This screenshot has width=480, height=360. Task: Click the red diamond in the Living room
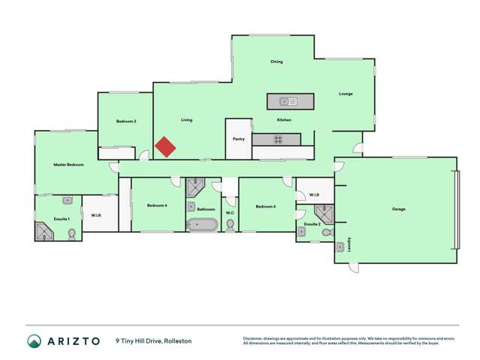click(x=165, y=147)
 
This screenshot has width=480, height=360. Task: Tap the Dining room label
click(x=276, y=62)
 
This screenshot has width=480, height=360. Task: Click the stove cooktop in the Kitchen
click(x=276, y=139)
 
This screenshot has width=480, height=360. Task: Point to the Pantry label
click(x=239, y=139)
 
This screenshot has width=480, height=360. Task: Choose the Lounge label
click(x=346, y=94)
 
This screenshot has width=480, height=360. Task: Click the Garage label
click(x=398, y=209)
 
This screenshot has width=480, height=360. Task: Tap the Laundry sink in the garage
click(x=340, y=246)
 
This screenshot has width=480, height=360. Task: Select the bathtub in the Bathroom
click(x=202, y=224)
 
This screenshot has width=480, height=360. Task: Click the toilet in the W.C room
click(x=230, y=225)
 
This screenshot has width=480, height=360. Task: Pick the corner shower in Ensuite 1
click(x=44, y=231)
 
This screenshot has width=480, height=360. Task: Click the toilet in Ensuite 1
click(x=71, y=234)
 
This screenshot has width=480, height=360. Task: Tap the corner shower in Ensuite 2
click(x=323, y=215)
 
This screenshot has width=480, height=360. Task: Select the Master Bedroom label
click(x=68, y=165)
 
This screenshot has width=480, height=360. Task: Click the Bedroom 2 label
click(x=125, y=121)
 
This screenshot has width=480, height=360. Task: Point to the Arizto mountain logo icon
click(x=34, y=341)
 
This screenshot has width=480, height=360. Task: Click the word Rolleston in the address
click(x=178, y=341)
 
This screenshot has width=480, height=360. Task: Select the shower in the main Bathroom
click(x=195, y=186)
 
